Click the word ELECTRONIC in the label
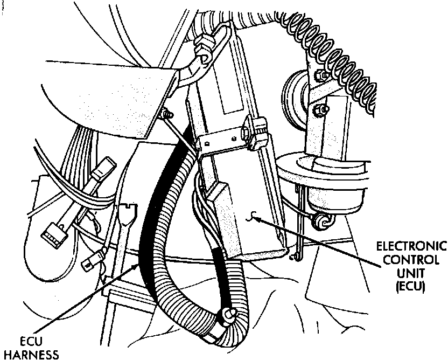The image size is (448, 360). tap(411, 246)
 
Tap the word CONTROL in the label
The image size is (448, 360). tap(411, 260)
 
